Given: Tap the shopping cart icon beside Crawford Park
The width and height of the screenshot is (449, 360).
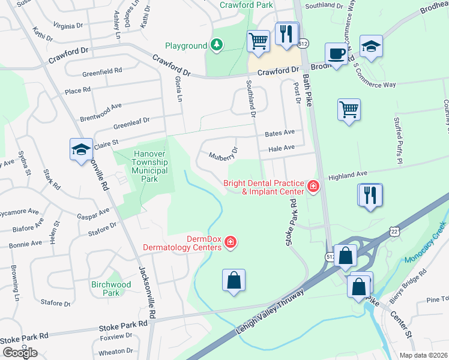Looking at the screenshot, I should point(258,41).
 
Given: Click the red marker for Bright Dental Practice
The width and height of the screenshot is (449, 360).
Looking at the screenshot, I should point(312,187).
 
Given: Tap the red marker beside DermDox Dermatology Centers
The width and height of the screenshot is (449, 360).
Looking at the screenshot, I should point(230,242).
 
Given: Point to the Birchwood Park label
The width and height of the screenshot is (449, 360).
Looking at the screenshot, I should point(111,289).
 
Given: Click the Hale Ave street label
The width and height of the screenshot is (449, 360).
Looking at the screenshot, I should point(282,148).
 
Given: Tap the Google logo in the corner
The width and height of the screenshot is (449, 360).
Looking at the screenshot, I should point(20,352).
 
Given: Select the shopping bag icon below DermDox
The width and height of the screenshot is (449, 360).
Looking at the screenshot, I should point(234,280).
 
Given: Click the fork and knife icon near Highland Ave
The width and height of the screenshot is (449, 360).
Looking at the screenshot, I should point(370,195).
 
